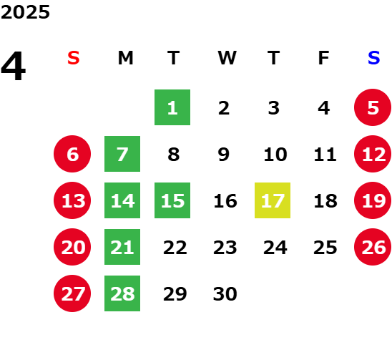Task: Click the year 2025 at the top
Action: point(25,12)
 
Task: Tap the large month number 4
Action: point(14,66)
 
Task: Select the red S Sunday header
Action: point(73,58)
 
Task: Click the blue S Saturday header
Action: point(373,58)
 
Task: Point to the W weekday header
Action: point(227,58)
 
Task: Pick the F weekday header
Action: point(323,58)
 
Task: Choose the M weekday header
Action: point(125,58)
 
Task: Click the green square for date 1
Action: point(172,107)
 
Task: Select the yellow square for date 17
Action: point(273,200)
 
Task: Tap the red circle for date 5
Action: point(373,107)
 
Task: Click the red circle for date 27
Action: point(72,293)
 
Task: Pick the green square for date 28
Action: point(122,293)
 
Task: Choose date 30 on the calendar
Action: point(225,293)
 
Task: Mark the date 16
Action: point(225,200)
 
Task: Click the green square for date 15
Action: point(172,200)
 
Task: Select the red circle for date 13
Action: point(72,200)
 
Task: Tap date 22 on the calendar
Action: point(175,248)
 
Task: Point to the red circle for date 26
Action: point(373,247)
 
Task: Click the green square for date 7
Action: point(122,154)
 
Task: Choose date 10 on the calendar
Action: point(275,154)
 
